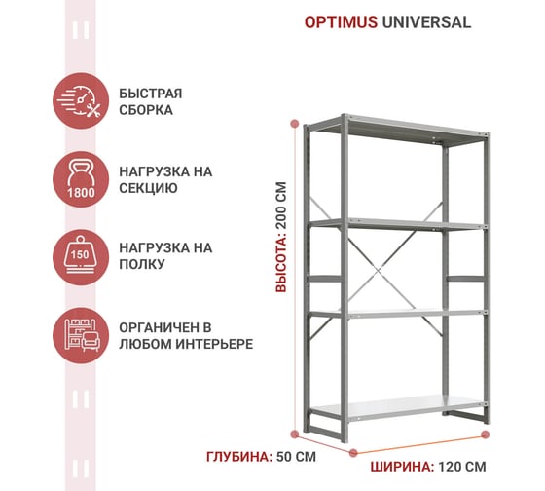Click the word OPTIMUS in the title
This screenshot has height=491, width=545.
pos(341,22)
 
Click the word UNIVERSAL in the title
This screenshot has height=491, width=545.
pos(426,22)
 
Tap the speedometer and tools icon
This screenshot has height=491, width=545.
pos(81,100)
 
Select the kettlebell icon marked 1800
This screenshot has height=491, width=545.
pos(81,179)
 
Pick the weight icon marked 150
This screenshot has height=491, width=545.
pos(81,257)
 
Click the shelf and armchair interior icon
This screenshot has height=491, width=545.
pos(81,336)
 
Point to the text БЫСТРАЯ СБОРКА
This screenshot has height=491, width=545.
pos(151,101)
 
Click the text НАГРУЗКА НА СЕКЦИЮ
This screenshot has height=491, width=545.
pos(165,179)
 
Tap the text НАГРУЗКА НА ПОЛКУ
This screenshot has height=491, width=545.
pos(165,256)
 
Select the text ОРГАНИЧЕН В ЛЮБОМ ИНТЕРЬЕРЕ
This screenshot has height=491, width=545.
pos(186,336)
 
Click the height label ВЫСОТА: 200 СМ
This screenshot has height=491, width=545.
pos(281,237)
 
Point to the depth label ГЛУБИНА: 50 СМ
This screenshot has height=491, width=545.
pos(261,457)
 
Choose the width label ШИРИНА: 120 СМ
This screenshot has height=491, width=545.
pos(428,467)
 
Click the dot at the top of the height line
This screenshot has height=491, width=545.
pos(295,123)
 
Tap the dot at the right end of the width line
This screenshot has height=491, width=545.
pos(486,434)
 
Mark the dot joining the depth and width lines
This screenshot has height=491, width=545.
pos(353,453)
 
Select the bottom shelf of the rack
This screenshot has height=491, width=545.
pos(398,406)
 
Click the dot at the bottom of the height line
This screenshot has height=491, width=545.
pos(295,434)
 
